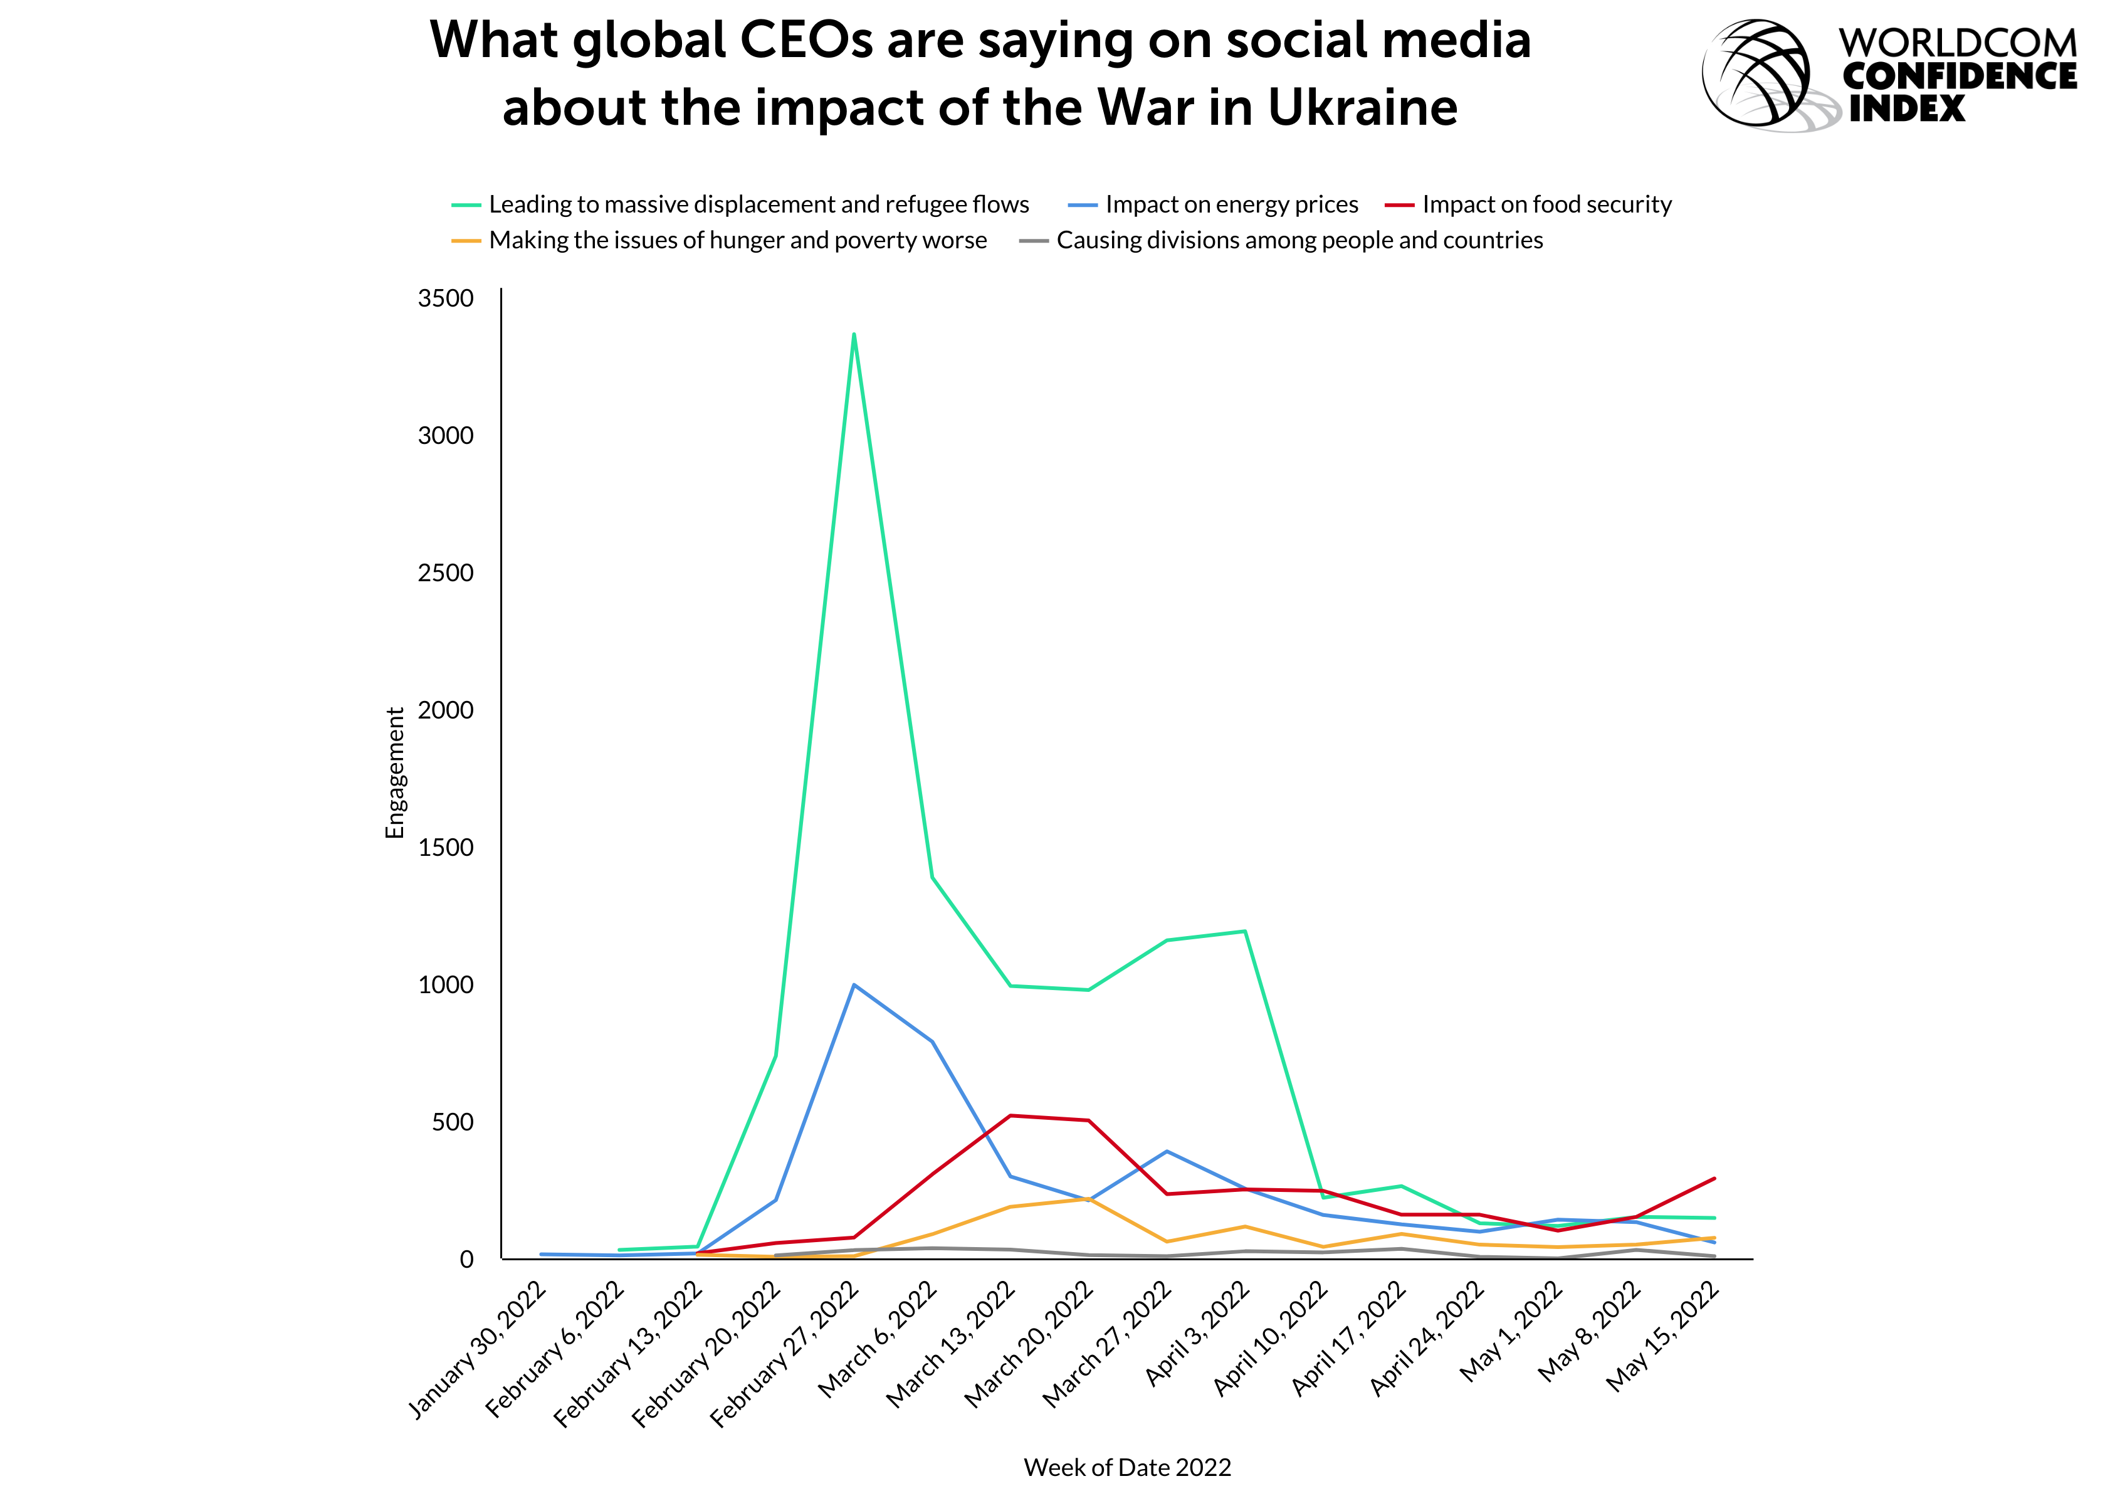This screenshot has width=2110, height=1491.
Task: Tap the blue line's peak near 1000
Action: pos(854,984)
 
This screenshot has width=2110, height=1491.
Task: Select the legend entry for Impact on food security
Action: pos(1528,204)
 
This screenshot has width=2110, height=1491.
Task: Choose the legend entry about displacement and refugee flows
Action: pos(741,204)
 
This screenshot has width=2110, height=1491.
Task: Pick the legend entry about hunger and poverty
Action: pos(720,240)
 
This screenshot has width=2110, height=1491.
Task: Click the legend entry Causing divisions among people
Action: pos(1281,240)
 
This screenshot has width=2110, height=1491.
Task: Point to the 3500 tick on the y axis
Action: pos(446,298)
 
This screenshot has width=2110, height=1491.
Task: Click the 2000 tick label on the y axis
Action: pos(446,710)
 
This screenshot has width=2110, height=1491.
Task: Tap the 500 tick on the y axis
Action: pos(453,1122)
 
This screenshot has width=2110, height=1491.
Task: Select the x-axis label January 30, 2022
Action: pos(478,1349)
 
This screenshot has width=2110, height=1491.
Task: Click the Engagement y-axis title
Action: pos(394,773)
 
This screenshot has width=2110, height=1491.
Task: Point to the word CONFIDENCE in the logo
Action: pos(1960,76)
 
